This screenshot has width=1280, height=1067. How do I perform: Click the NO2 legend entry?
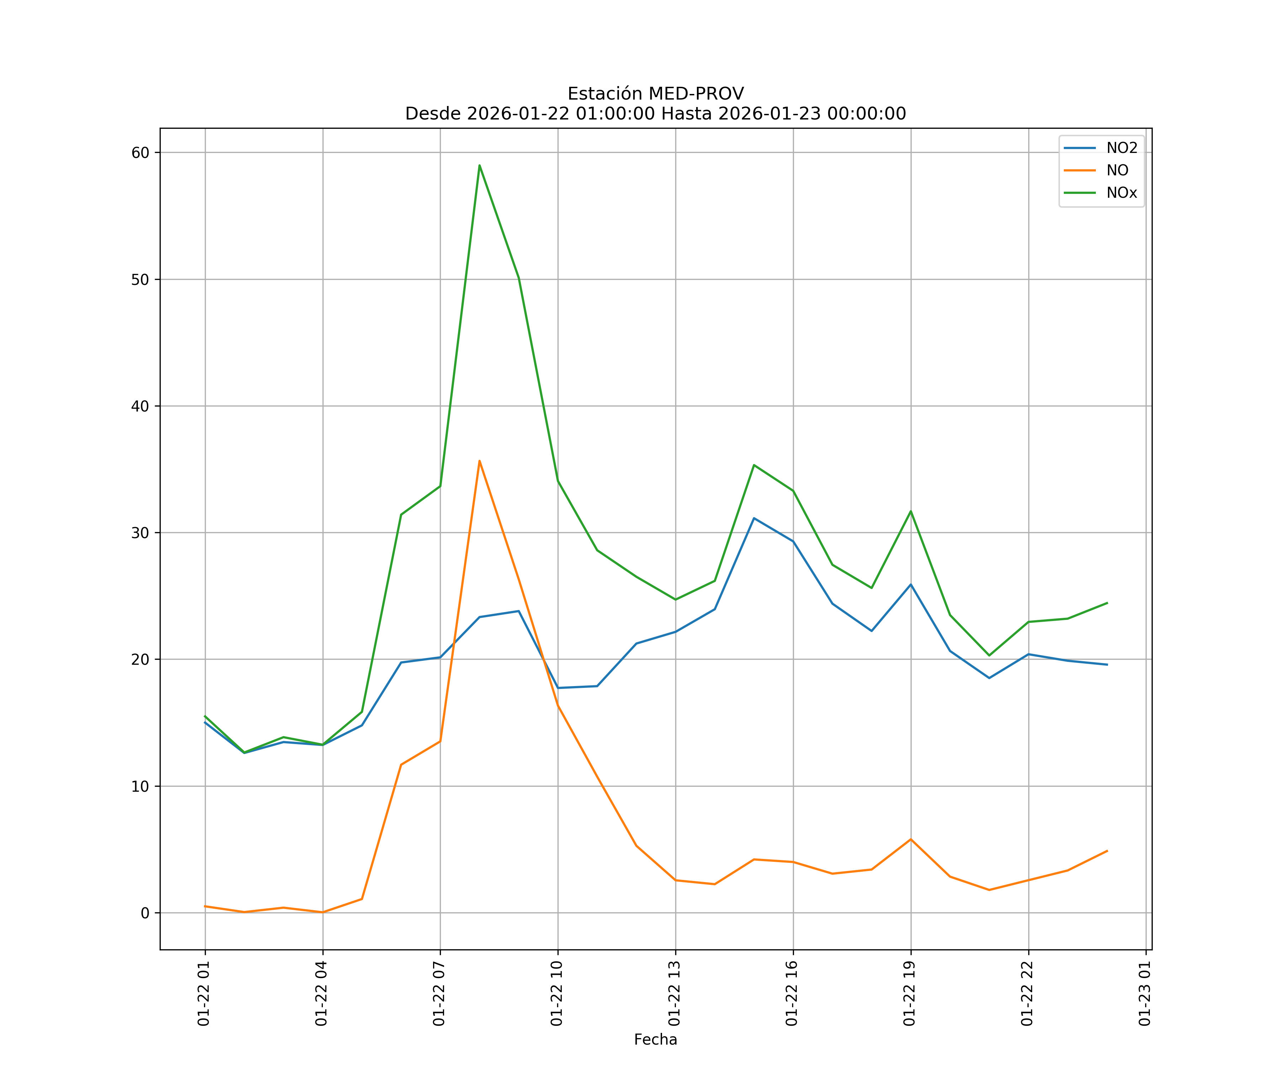1121,148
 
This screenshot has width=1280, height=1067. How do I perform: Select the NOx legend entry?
1121,193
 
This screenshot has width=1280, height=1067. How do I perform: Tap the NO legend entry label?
1117,171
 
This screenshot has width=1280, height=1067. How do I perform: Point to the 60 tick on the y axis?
140,153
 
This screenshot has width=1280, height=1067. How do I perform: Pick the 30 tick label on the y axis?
140,533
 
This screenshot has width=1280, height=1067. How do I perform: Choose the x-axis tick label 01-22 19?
910,993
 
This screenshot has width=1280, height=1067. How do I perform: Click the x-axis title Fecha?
655,1040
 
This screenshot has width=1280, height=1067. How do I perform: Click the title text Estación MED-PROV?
655,94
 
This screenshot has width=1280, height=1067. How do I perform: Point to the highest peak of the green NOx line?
480,165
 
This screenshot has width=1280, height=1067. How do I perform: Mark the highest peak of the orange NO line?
480,461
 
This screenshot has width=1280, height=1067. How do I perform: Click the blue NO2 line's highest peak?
754,518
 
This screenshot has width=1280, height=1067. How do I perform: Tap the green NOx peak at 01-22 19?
911,511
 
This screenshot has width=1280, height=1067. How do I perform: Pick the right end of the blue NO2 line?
1107,665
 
